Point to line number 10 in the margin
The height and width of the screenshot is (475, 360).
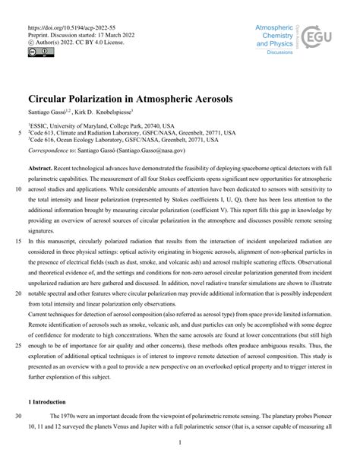[17, 185]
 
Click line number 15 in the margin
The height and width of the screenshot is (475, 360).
[17, 239]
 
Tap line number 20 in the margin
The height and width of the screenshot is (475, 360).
[17, 292]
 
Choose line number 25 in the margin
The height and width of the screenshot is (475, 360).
[17, 344]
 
